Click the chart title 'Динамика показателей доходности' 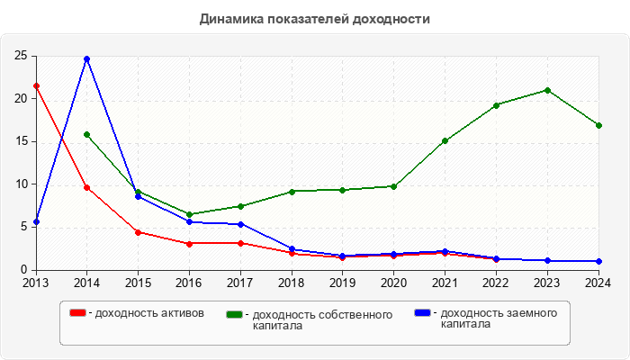click(x=315, y=19)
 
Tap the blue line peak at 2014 click(x=86, y=58)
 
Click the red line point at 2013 click(x=36, y=85)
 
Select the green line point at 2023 click(x=547, y=90)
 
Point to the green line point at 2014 click(x=86, y=134)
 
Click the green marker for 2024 click(x=598, y=125)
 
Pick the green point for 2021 click(x=445, y=140)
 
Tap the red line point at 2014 click(x=86, y=187)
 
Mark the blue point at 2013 click(x=36, y=221)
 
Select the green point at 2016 click(x=189, y=214)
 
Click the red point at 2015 click(x=138, y=232)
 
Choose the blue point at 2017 click(x=240, y=224)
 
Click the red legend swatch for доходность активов click(x=78, y=313)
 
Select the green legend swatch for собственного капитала click(x=235, y=314)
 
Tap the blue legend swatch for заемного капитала click(x=422, y=313)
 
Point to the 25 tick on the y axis click(x=20, y=56)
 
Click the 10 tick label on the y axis click(x=20, y=184)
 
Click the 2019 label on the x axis click(x=342, y=283)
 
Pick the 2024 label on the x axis click(x=598, y=283)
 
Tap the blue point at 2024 click(x=598, y=261)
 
